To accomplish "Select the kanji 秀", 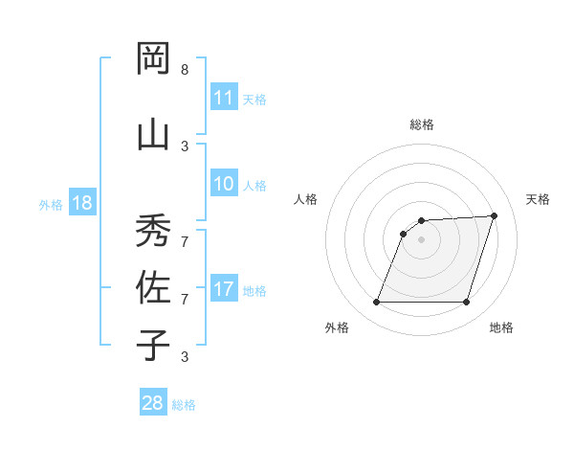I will click(x=153, y=230).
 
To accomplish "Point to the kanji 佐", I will click(x=153, y=286).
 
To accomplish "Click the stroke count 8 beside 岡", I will click(x=185, y=70).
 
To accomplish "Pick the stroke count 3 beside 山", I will click(x=185, y=146).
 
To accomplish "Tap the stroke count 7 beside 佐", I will click(x=185, y=300).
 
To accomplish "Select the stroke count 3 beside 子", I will click(x=185, y=356).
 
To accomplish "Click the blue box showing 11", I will click(x=224, y=98).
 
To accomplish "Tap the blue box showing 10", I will click(x=224, y=185).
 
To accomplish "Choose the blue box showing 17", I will click(x=224, y=289).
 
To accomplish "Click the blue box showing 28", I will click(x=152, y=403).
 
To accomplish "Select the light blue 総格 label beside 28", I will click(x=184, y=405).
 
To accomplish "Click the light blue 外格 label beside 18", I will click(x=51, y=205).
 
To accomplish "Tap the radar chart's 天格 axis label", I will click(x=539, y=199).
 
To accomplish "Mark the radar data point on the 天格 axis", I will click(x=495, y=215).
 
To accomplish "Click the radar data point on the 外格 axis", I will click(x=376, y=303).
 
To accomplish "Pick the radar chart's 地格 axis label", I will click(x=501, y=327).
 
